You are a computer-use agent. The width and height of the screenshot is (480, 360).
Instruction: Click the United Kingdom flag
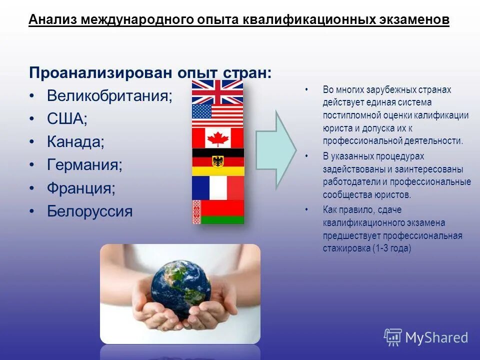coord(217,91)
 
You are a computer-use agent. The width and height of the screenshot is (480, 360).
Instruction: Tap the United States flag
coord(217,115)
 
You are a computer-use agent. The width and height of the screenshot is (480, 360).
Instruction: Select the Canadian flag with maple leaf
coord(217,138)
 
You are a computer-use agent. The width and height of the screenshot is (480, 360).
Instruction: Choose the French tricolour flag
coord(217,187)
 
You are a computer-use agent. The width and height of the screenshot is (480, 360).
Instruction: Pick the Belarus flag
coord(217,211)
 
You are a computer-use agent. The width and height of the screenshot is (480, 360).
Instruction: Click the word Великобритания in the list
coord(109,96)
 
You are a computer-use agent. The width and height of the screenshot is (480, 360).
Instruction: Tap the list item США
coord(67,119)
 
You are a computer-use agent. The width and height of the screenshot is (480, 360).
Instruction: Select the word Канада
coord(75,142)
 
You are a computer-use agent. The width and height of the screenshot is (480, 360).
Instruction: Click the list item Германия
coord(84,165)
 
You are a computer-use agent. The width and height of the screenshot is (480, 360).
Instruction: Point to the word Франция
coord(81,188)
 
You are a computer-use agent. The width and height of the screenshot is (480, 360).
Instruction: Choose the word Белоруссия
coord(89,211)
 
